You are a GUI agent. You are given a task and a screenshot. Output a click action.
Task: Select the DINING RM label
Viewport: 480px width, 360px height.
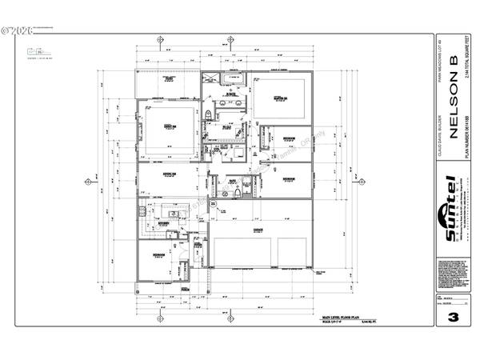(x=169, y=173)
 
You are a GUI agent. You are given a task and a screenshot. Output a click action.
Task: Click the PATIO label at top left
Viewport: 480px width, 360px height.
(x=169, y=80)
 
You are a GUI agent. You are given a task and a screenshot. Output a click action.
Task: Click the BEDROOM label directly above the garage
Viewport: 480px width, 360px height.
(x=286, y=178)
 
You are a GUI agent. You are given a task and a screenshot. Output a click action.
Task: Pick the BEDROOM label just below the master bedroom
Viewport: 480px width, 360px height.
(x=286, y=137)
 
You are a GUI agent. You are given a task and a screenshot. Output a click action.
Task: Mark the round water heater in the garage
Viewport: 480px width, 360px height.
(x=214, y=206)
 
